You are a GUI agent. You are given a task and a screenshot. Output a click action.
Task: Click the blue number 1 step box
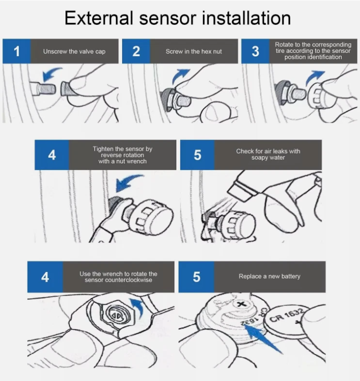click(16, 51)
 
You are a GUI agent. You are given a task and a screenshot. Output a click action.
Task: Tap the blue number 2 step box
click(136, 51)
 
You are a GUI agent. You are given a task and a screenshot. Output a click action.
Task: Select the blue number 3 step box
click(255, 51)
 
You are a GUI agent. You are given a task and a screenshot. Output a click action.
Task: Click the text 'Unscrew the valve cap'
click(74, 51)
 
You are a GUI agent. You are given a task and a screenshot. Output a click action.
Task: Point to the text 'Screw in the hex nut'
click(194, 51)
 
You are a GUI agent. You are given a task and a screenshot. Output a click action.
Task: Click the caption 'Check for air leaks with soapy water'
click(268, 154)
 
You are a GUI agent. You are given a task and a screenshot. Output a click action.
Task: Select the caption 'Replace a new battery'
click(269, 276)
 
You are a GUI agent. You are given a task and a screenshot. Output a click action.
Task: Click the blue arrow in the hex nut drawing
click(180, 75)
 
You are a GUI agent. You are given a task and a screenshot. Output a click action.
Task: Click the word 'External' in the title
click(99, 18)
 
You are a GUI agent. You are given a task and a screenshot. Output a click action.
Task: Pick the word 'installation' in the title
click(246, 18)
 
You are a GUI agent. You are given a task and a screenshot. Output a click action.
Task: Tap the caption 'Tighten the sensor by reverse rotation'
click(123, 152)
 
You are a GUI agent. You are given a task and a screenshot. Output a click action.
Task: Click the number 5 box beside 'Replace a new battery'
click(196, 277)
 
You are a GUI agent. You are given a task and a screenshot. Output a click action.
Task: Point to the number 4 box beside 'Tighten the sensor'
click(52, 155)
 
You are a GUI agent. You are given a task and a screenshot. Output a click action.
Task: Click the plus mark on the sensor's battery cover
click(241, 304)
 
